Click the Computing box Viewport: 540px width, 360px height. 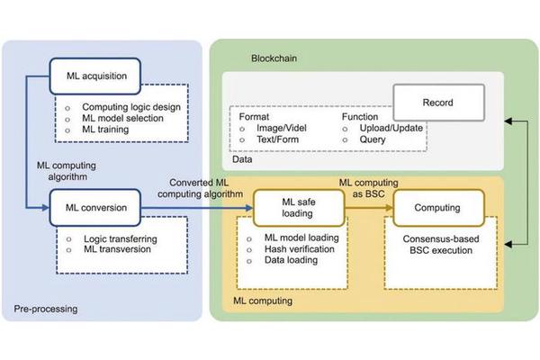pos(438,207)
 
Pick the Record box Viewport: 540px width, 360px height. pos(438,102)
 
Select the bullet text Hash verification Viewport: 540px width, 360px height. pos(292,248)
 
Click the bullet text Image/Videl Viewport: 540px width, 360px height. pos(284,128)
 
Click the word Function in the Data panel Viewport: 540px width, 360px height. pos(361,116)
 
